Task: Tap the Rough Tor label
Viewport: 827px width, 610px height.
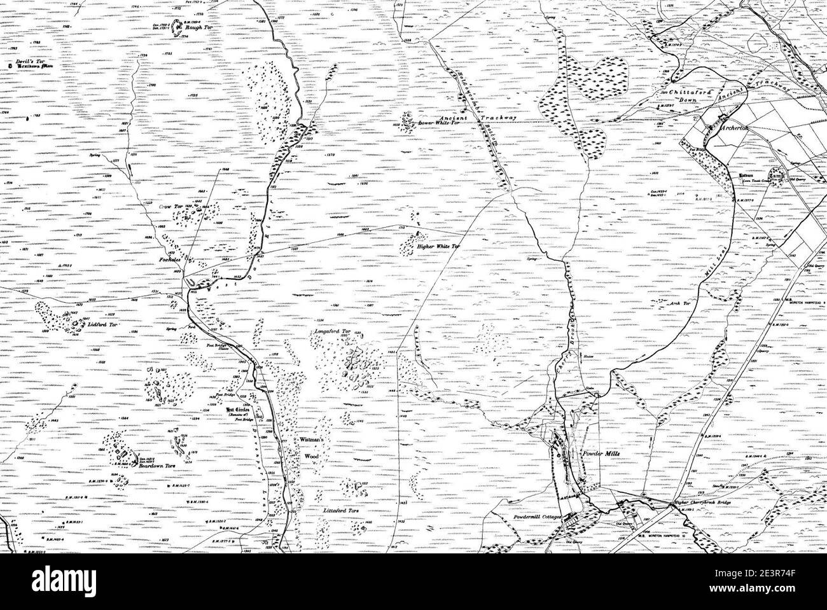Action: pos(195,27)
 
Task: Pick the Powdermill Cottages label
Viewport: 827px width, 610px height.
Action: pos(539,517)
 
